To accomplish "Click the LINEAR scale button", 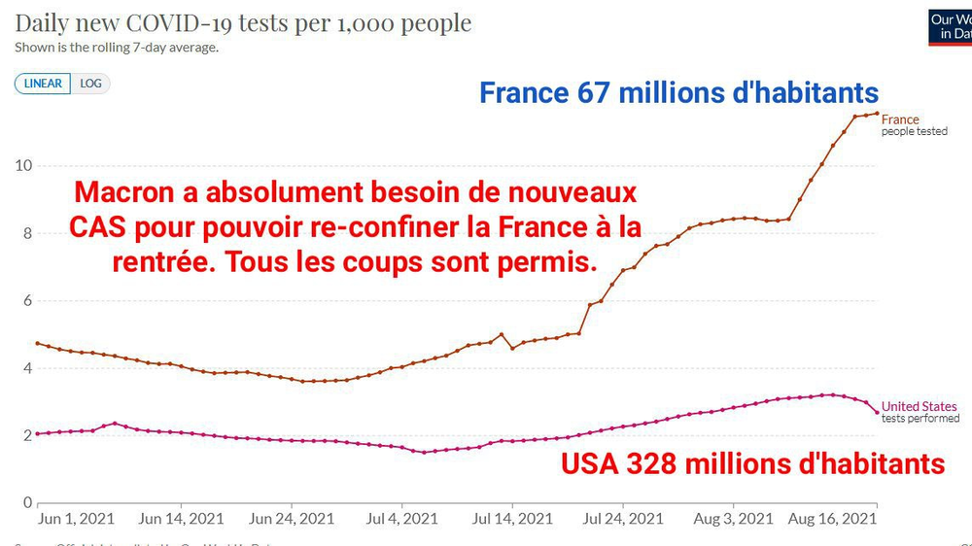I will pyautogui.click(x=43, y=84).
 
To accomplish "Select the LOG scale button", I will pyautogui.click(x=90, y=84).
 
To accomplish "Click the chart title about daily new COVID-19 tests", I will pyautogui.click(x=243, y=22).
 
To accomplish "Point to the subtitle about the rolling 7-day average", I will pyautogui.click(x=116, y=48).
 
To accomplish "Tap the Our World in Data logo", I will pyautogui.click(x=951, y=26).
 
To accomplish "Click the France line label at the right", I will pyautogui.click(x=899, y=119).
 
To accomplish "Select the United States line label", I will pyautogui.click(x=919, y=406).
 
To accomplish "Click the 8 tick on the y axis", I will pyautogui.click(x=22, y=233).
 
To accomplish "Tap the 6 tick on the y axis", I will pyautogui.click(x=22, y=301).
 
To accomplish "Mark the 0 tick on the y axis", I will pyautogui.click(x=22, y=502).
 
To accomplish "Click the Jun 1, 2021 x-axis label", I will pyautogui.click(x=76, y=519).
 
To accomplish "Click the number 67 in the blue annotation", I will pyautogui.click(x=584, y=93).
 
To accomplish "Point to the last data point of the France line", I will pyautogui.click(x=877, y=114).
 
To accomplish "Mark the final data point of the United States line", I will pyautogui.click(x=877, y=413).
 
